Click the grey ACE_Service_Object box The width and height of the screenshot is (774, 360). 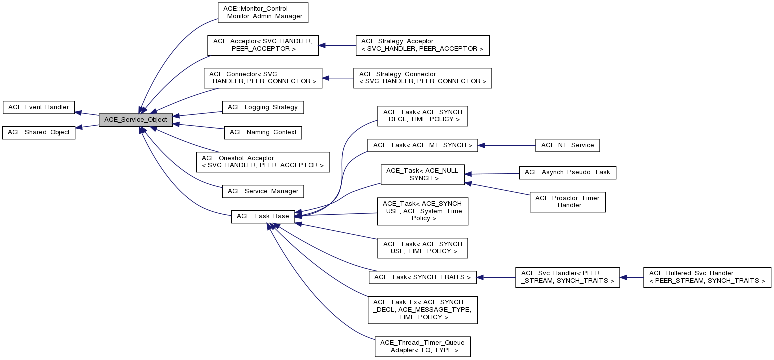point(136,120)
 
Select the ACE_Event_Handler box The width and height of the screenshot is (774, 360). point(39,107)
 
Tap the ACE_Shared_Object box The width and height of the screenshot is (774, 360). point(39,133)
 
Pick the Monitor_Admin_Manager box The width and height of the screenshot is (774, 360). point(263,13)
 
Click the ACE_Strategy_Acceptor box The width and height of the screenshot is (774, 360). point(422,45)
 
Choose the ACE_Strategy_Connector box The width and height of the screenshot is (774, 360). point(422,78)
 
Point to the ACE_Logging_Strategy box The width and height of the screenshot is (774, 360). point(263,107)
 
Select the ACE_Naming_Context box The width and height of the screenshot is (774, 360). point(263,132)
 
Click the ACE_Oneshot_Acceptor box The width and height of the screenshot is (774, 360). point(263,162)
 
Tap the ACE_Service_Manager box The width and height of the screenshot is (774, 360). point(263,191)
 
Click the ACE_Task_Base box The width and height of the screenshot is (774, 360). point(263,216)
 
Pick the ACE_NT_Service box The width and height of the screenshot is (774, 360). point(567,145)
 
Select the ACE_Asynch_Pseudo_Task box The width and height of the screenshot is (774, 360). point(567,172)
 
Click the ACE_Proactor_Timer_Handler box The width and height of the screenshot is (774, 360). point(567,201)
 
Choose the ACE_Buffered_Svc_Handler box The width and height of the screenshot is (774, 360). point(707,277)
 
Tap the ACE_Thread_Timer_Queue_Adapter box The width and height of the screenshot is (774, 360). point(422,346)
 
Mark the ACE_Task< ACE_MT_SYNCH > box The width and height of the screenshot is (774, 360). point(423,145)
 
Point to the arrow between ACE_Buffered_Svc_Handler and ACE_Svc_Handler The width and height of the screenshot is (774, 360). point(632,277)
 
